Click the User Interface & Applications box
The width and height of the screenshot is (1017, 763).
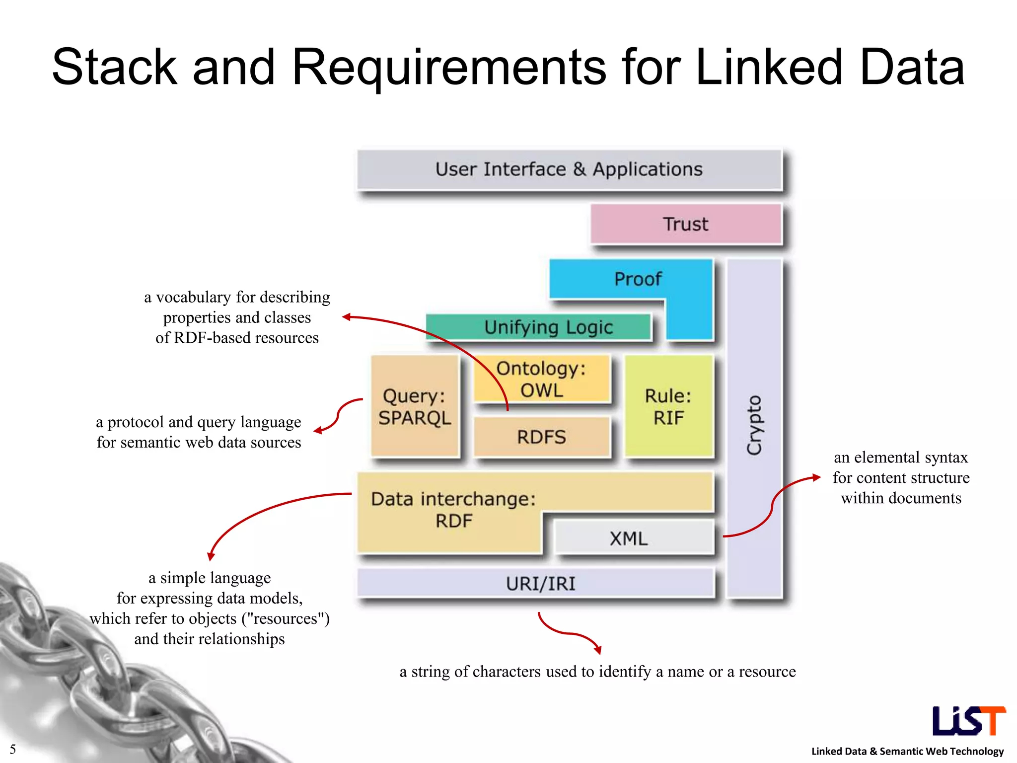(x=569, y=169)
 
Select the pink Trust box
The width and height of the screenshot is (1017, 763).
(x=685, y=224)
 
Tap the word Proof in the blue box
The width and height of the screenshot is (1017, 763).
(x=638, y=279)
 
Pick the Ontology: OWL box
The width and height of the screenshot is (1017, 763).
(x=541, y=379)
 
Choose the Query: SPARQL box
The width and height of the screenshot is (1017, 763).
(x=415, y=406)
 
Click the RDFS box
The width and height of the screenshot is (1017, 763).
(x=541, y=437)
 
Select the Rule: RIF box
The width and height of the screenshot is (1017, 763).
(x=668, y=406)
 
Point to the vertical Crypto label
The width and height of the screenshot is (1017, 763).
(x=754, y=425)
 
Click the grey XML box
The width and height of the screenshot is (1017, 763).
(x=629, y=538)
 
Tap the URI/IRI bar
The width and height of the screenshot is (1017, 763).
(x=540, y=583)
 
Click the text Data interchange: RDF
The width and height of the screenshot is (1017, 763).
(x=453, y=510)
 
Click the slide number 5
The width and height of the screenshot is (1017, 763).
(x=13, y=749)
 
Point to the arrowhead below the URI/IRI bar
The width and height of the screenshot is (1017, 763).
(x=598, y=650)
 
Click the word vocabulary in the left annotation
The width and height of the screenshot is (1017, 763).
(x=194, y=297)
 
